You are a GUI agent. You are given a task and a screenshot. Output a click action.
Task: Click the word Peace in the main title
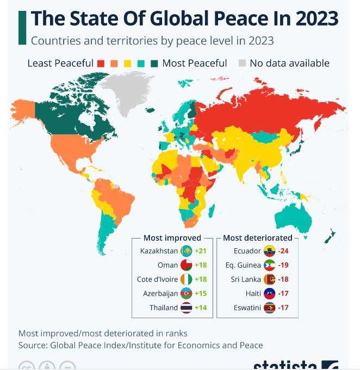[x=250, y=18]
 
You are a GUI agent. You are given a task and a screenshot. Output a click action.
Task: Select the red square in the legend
[x=101, y=63]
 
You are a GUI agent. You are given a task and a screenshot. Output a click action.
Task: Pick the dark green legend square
[x=154, y=63]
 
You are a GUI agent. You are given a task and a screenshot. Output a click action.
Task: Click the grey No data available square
[x=242, y=63]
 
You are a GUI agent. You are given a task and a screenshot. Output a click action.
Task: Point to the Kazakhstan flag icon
[x=186, y=251]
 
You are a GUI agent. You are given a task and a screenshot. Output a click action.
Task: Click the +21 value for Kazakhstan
[x=201, y=251]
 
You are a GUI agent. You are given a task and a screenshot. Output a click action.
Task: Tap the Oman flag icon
[x=186, y=265]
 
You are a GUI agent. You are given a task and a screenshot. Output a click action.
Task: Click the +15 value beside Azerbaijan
[x=201, y=293]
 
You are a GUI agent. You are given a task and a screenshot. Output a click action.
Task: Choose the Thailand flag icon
[x=186, y=308]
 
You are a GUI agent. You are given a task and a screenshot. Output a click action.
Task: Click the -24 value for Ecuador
[x=283, y=251]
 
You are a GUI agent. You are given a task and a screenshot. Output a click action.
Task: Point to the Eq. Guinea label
[x=243, y=265]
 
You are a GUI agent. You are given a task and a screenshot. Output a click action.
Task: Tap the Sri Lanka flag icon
[x=269, y=279]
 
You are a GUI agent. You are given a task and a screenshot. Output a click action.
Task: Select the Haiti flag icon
[x=269, y=293]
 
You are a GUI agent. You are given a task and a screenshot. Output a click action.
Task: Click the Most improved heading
[x=172, y=237]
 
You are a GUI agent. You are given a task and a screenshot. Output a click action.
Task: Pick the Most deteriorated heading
[x=258, y=237]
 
